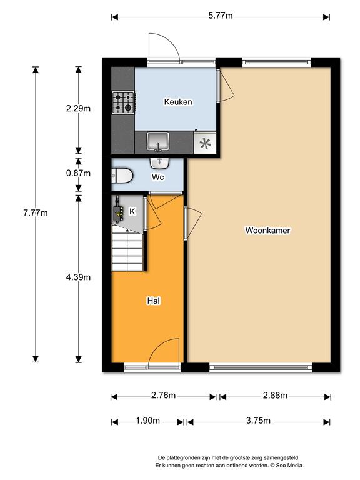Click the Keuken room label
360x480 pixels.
[178, 102]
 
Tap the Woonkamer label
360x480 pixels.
[267, 230]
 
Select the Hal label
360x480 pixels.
[154, 301]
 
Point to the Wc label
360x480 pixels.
[158, 177]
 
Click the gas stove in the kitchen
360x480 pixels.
[123, 102]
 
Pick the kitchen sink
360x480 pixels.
[157, 142]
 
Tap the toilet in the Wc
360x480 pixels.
[122, 176]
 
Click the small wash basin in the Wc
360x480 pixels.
[159, 163]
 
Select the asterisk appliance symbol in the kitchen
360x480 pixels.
[205, 143]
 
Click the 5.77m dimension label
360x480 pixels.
[221, 16]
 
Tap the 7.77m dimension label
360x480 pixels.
[36, 212]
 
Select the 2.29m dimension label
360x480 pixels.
[78, 108]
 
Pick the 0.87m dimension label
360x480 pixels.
[78, 173]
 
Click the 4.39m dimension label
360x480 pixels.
[78, 277]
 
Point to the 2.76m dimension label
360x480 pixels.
[164, 396]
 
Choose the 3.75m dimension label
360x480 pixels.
[258, 421]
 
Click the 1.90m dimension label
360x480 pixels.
[148, 421]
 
